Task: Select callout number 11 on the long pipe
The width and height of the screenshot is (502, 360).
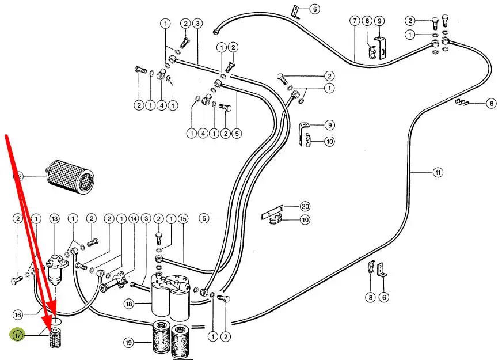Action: (x=438, y=173)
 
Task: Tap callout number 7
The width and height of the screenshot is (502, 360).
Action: (x=355, y=21)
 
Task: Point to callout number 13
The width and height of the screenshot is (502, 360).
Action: (x=55, y=219)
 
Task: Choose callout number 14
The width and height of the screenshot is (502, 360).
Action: (x=134, y=219)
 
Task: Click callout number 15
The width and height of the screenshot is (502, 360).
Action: (x=183, y=219)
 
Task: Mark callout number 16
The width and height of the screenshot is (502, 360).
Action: (x=18, y=315)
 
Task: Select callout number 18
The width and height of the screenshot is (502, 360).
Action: (x=129, y=304)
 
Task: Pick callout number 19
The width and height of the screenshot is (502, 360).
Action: (x=129, y=343)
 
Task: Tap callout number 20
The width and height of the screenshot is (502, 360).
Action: (x=305, y=207)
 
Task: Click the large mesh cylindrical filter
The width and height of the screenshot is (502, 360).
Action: (x=70, y=176)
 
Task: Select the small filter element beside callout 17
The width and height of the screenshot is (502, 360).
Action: (x=55, y=338)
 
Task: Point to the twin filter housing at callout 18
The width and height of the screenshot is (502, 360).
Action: (x=170, y=295)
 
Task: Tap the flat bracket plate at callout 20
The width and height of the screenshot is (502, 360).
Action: (x=272, y=211)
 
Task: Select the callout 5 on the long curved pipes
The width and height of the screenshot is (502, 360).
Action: (x=204, y=218)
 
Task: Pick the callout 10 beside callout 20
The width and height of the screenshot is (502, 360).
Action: (x=305, y=219)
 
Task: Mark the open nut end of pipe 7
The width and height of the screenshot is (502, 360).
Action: (x=216, y=31)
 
